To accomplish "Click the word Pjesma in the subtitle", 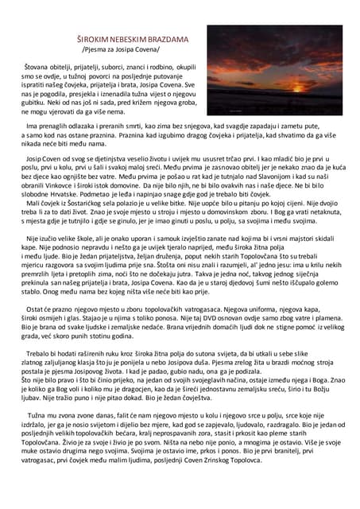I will point(100,49).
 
